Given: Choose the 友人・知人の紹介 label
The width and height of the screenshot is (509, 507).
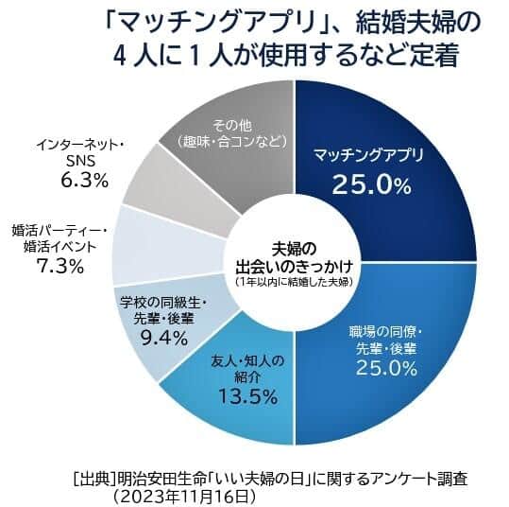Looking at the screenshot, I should click(245, 367).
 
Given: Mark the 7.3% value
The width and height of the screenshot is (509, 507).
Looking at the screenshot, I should click(59, 266).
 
